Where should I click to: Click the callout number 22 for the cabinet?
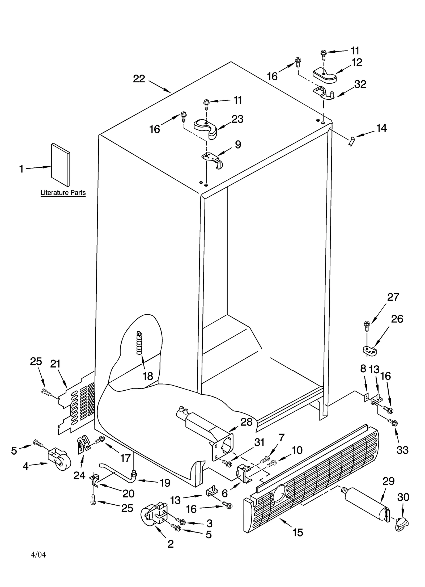(x=139, y=79)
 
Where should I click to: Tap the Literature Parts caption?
(x=63, y=193)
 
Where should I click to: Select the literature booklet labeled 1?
(x=61, y=165)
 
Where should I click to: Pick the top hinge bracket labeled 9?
(x=212, y=159)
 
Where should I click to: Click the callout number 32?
(x=360, y=84)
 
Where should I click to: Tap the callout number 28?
(x=246, y=422)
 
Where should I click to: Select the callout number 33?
(x=402, y=450)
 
